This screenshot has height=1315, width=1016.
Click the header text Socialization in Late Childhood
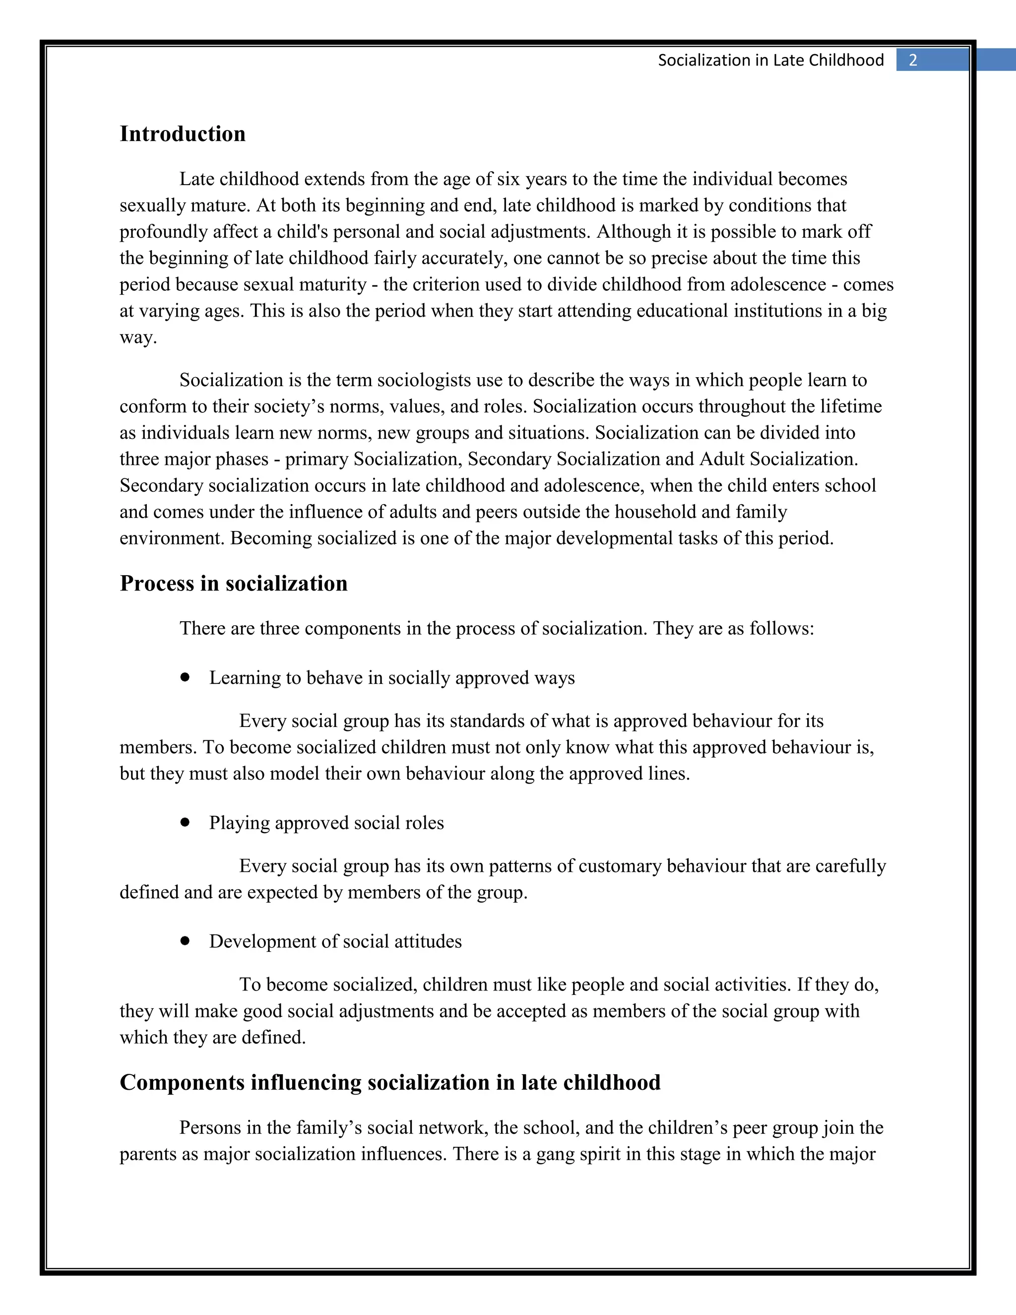click(x=770, y=60)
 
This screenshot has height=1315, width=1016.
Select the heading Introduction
click(x=183, y=133)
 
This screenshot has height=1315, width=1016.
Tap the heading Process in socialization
click(x=234, y=584)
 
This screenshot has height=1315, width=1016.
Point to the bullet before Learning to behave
click(x=185, y=677)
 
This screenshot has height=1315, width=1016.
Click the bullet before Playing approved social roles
click(x=185, y=822)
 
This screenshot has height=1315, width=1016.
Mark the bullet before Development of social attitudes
click(x=185, y=941)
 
